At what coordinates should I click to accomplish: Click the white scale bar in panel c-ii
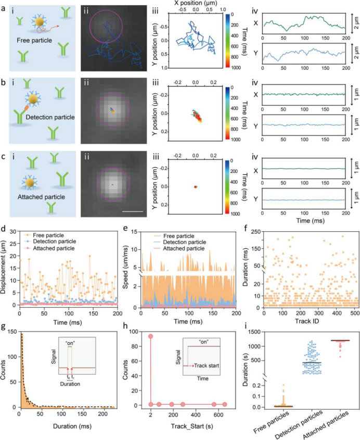[x=133, y=211]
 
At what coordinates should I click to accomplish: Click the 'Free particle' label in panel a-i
[x=34, y=41]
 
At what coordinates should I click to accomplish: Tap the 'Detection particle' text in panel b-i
[x=50, y=117]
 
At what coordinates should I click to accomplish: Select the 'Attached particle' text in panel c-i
[x=41, y=197]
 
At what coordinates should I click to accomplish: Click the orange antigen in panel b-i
[x=26, y=108]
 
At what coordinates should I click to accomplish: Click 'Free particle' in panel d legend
[x=48, y=235]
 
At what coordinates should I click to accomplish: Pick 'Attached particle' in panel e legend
[x=184, y=248]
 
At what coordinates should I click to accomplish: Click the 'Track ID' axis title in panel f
[x=307, y=321]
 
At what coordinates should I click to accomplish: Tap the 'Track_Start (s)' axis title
[x=192, y=426]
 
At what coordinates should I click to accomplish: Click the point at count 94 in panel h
[x=151, y=336]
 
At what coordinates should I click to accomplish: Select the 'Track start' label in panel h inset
[x=207, y=366]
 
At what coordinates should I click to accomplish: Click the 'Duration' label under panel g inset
[x=70, y=384]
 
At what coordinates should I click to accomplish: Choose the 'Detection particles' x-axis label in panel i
[x=299, y=425]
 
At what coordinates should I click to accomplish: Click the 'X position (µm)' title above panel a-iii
[x=196, y=3]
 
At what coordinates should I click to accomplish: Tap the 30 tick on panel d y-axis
[x=13, y=231]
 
